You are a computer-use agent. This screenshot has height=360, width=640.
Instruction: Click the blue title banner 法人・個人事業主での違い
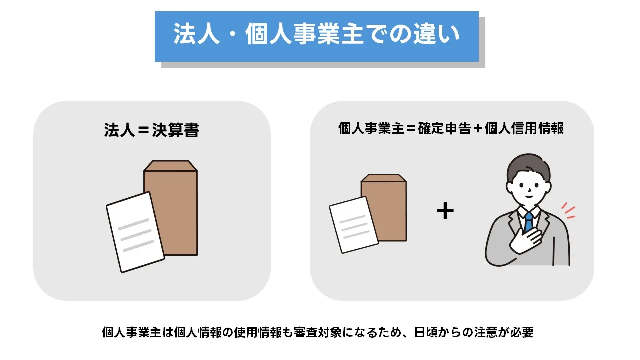click(316, 36)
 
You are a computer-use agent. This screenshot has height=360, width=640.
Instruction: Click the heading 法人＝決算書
click(151, 130)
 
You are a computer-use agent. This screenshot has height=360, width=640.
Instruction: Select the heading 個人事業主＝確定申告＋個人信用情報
click(451, 128)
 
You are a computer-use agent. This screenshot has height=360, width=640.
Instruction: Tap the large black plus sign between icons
click(445, 211)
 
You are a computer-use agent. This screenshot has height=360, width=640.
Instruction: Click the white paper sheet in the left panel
click(134, 232)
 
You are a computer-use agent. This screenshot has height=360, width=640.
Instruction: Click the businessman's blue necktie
click(528, 221)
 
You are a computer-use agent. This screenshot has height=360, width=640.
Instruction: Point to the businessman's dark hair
click(527, 167)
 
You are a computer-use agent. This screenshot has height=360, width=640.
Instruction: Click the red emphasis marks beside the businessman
click(568, 211)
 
